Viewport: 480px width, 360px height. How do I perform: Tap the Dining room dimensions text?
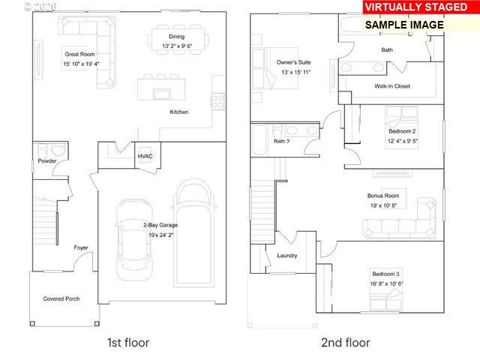point(177,46)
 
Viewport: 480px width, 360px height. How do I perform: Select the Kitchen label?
point(178,112)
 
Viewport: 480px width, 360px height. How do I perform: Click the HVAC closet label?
point(145,156)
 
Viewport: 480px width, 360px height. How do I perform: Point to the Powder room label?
point(46,160)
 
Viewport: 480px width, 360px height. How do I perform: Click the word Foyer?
point(80,247)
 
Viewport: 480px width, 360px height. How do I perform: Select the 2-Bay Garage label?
point(160,224)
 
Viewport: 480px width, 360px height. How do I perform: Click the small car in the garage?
point(130,235)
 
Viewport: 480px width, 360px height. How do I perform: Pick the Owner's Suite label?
point(293,61)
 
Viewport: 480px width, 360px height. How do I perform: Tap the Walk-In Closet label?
point(392,86)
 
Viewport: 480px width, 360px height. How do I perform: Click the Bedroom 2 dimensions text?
point(403,141)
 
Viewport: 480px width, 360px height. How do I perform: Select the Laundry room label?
point(286,256)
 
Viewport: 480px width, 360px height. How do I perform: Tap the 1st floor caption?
point(128,343)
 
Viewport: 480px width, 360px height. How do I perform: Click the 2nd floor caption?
point(345,343)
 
